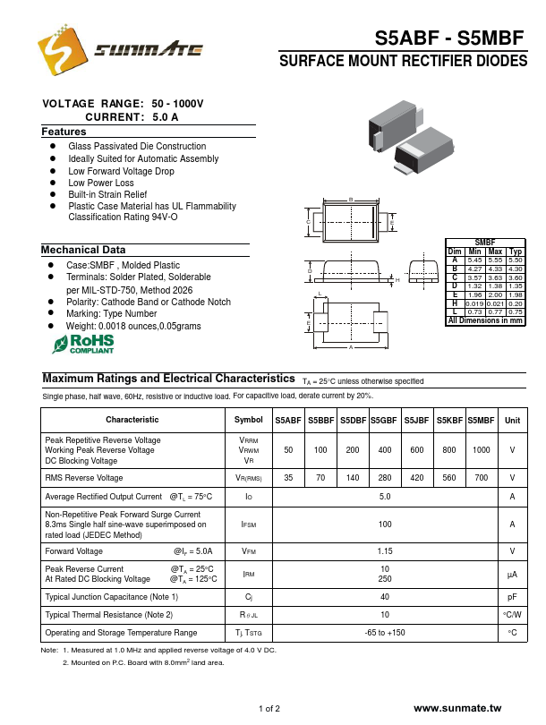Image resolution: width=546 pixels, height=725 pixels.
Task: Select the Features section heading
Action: tap(64, 132)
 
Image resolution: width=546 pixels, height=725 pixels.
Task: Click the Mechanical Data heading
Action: tap(83, 250)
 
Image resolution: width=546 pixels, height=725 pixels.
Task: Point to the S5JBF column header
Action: tap(416, 420)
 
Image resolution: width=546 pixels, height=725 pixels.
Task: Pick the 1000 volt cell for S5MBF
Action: tap(482, 450)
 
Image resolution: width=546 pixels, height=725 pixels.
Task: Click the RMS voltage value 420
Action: tap(416, 479)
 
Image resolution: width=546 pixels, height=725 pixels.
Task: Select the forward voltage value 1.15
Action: tap(386, 551)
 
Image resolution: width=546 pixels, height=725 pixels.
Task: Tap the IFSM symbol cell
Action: tap(249, 524)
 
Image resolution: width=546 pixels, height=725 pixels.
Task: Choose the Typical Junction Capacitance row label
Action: tap(112, 597)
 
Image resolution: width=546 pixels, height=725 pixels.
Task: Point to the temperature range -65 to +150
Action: tap(386, 633)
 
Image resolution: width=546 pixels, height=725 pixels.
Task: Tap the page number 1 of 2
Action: tap(269, 709)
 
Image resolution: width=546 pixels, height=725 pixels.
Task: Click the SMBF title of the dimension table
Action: tap(484, 243)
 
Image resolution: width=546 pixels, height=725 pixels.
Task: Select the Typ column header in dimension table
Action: tap(516, 252)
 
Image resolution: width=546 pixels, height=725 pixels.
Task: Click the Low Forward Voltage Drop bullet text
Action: tap(122, 171)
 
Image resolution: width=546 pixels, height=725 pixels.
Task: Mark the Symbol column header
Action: tap(249, 420)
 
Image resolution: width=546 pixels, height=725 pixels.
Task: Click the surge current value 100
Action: tap(386, 524)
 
